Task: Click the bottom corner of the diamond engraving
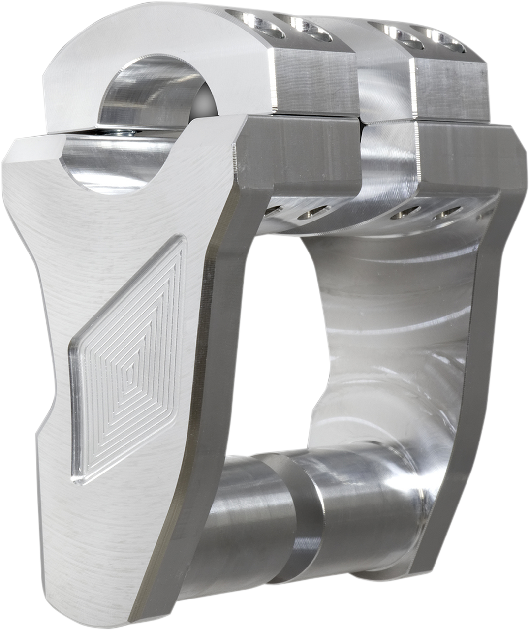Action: tap(79, 480)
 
